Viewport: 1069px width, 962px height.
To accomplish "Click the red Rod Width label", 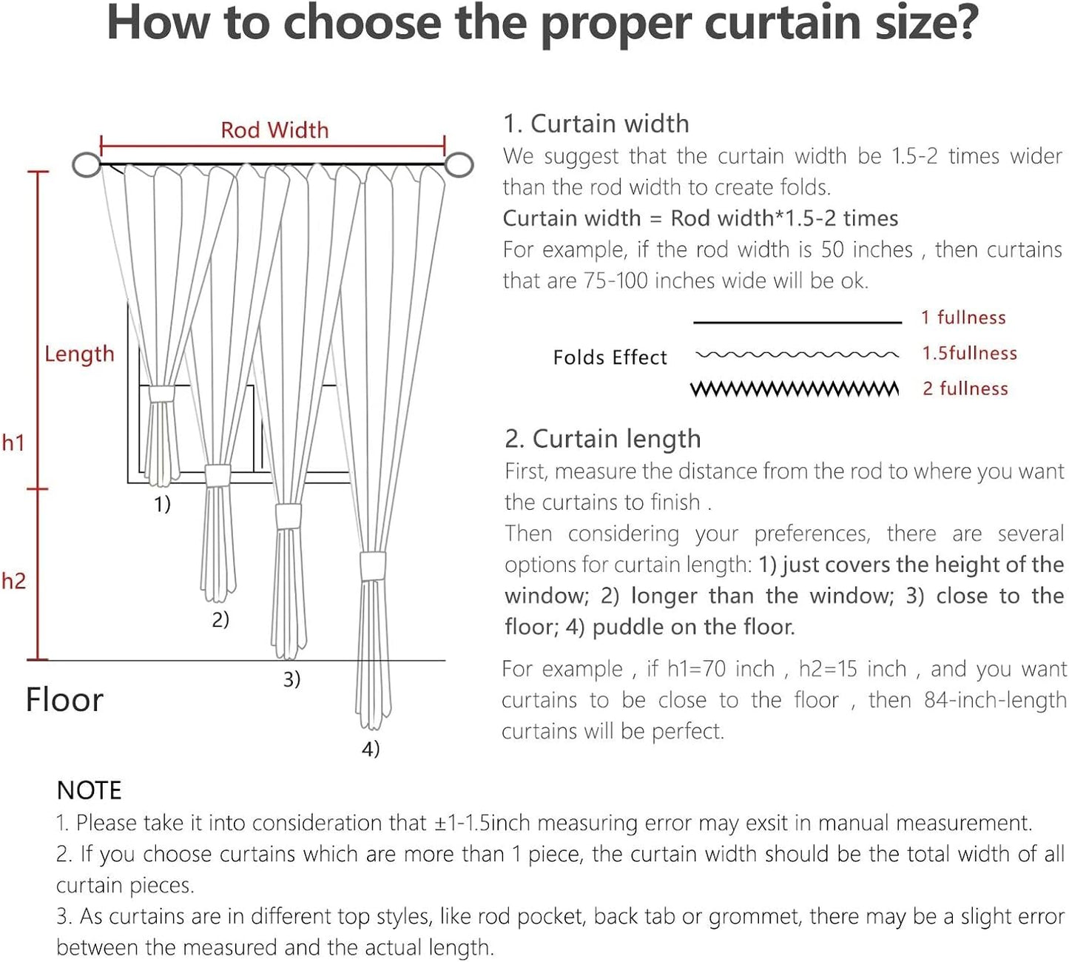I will pos(274,130).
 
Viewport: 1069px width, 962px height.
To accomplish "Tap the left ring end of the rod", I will pos(87,164).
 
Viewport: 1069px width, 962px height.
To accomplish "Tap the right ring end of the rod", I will pos(459,164).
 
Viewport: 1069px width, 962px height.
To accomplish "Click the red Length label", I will pos(79,354).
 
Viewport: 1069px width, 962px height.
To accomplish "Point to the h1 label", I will pos(13,443).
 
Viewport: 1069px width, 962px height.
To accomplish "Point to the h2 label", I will pos(13,581).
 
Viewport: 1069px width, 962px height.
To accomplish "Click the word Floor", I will pos(64,700).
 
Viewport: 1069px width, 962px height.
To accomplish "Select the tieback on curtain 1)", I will pos(161,393).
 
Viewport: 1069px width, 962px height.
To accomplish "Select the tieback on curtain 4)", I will pos(373,566).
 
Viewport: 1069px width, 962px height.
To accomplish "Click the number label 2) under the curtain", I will pos(220,619).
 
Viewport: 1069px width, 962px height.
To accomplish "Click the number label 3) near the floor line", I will pos(291,679).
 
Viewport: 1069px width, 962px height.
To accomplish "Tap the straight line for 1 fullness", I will pos(797,323).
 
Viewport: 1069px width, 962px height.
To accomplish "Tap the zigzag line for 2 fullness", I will pos(795,389).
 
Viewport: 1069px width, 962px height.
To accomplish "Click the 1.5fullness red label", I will pos(969,354).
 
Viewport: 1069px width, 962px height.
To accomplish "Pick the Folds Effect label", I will pos(610,357).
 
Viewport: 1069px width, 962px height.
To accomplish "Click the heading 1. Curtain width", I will pos(596,124).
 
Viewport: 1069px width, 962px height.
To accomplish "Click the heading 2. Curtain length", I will pos(602,439).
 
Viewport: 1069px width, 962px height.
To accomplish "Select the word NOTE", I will pos(89,790).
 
